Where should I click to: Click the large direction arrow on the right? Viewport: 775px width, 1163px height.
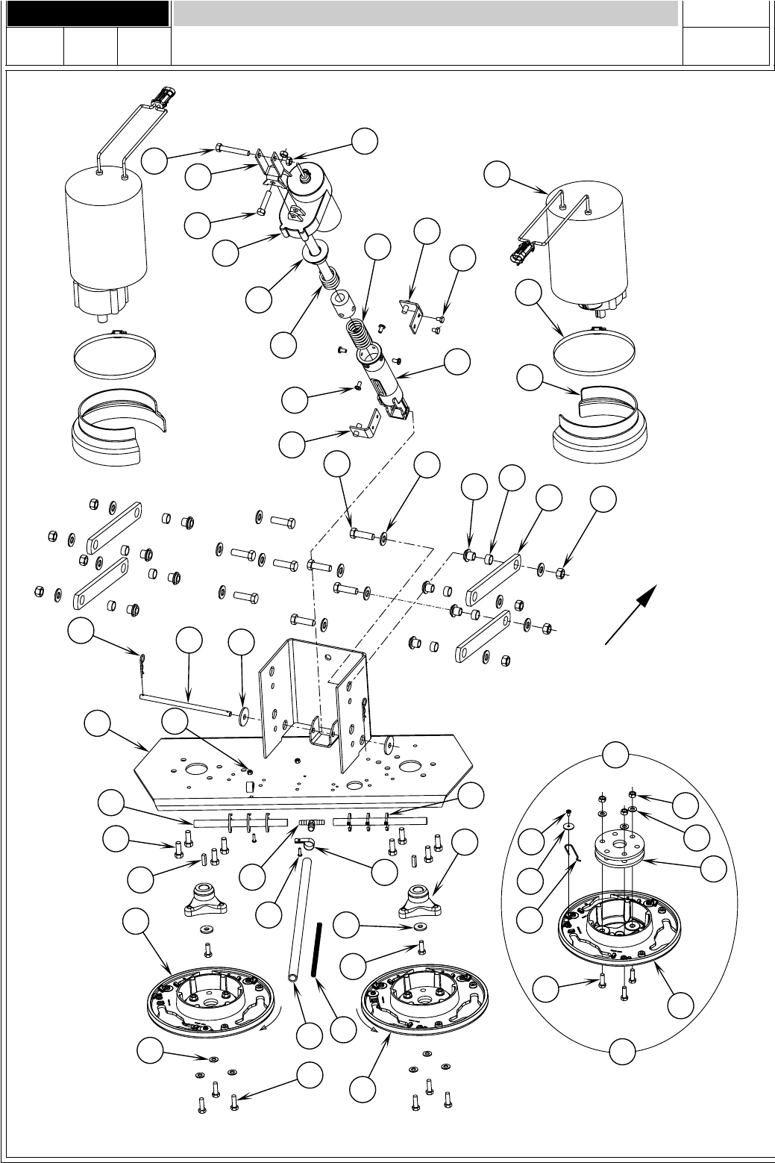pyautogui.click(x=631, y=614)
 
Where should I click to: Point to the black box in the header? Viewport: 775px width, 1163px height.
pyautogui.click(x=85, y=13)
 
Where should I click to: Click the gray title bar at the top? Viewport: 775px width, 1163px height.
pyautogui.click(x=425, y=13)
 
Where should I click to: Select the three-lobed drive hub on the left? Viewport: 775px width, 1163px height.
pyautogui.click(x=206, y=899)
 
